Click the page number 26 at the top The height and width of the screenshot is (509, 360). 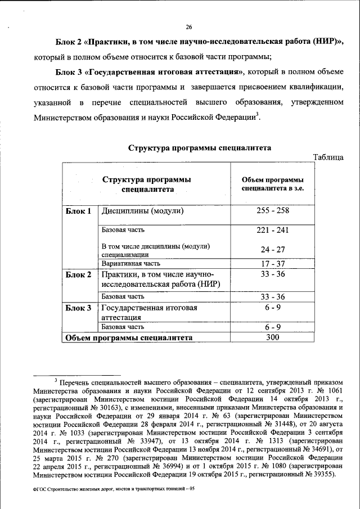189,27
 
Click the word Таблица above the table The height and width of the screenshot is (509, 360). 328,157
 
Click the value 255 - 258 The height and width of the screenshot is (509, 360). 273,211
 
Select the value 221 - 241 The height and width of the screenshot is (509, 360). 273,231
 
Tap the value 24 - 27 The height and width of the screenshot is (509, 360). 273,249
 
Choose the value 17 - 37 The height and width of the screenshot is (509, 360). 273,263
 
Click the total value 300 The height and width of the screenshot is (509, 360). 273,337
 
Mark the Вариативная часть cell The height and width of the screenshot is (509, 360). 130,263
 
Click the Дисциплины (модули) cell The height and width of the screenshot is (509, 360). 143,212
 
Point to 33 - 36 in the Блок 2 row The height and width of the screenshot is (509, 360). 273,274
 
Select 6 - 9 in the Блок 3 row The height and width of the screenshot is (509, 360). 273,308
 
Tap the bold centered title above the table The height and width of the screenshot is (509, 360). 200,148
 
